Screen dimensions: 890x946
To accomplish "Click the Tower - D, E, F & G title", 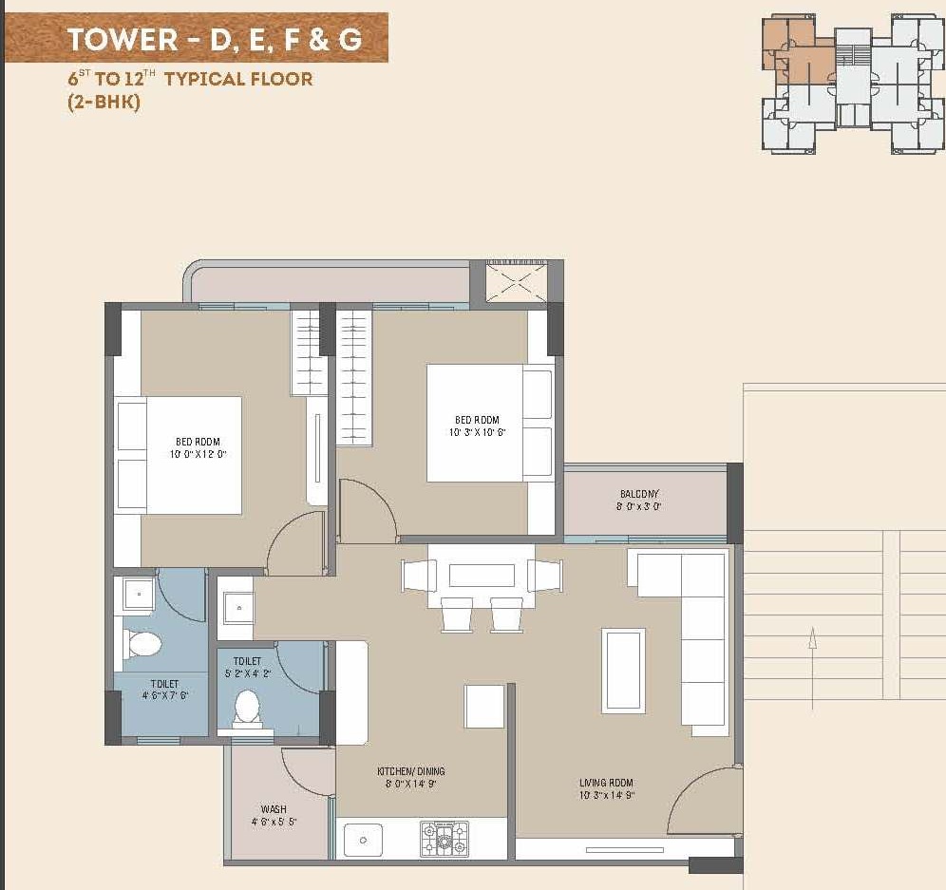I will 214,40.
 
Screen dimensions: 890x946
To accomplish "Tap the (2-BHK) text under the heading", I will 104,104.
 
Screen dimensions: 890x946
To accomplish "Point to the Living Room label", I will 606,784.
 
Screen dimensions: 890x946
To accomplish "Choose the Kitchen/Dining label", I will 410,771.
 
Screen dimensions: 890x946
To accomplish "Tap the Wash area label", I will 274,810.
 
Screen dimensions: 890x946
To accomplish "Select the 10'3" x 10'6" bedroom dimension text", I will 476,433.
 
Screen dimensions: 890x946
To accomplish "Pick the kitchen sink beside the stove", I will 363,840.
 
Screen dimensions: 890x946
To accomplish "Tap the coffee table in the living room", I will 623,670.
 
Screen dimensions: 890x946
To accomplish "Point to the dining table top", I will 482,576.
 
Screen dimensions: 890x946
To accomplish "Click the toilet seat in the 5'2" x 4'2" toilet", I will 247,707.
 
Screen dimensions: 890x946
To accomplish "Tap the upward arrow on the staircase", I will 813,652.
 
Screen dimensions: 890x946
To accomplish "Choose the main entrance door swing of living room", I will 703,803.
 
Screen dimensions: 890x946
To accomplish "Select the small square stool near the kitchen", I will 483,706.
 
